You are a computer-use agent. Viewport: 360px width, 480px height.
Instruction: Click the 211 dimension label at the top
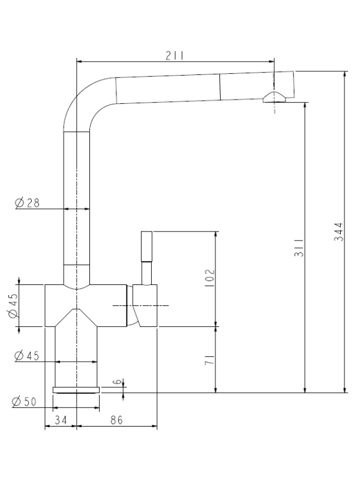point(175,56)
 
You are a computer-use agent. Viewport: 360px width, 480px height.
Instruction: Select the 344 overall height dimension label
point(338,232)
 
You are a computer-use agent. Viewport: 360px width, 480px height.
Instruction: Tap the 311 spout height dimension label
point(299,247)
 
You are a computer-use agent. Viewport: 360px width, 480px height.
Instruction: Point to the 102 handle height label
point(209,278)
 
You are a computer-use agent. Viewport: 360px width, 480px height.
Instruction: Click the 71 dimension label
point(209,359)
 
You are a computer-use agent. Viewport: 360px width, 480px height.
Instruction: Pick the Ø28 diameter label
point(27,203)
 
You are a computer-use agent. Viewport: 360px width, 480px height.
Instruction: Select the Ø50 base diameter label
point(24,401)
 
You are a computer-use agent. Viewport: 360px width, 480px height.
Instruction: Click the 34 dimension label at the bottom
point(61,420)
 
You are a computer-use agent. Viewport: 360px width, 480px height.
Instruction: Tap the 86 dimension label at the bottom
point(116,420)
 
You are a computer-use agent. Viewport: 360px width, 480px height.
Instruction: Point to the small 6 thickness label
point(117,382)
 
